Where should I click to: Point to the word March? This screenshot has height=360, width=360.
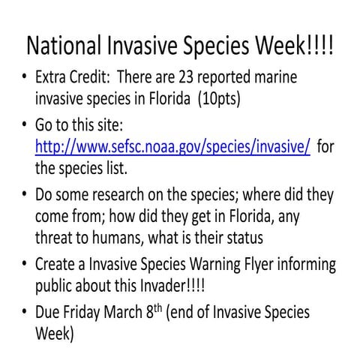coord(139,313)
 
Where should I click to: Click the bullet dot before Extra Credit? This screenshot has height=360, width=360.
coord(25,79)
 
